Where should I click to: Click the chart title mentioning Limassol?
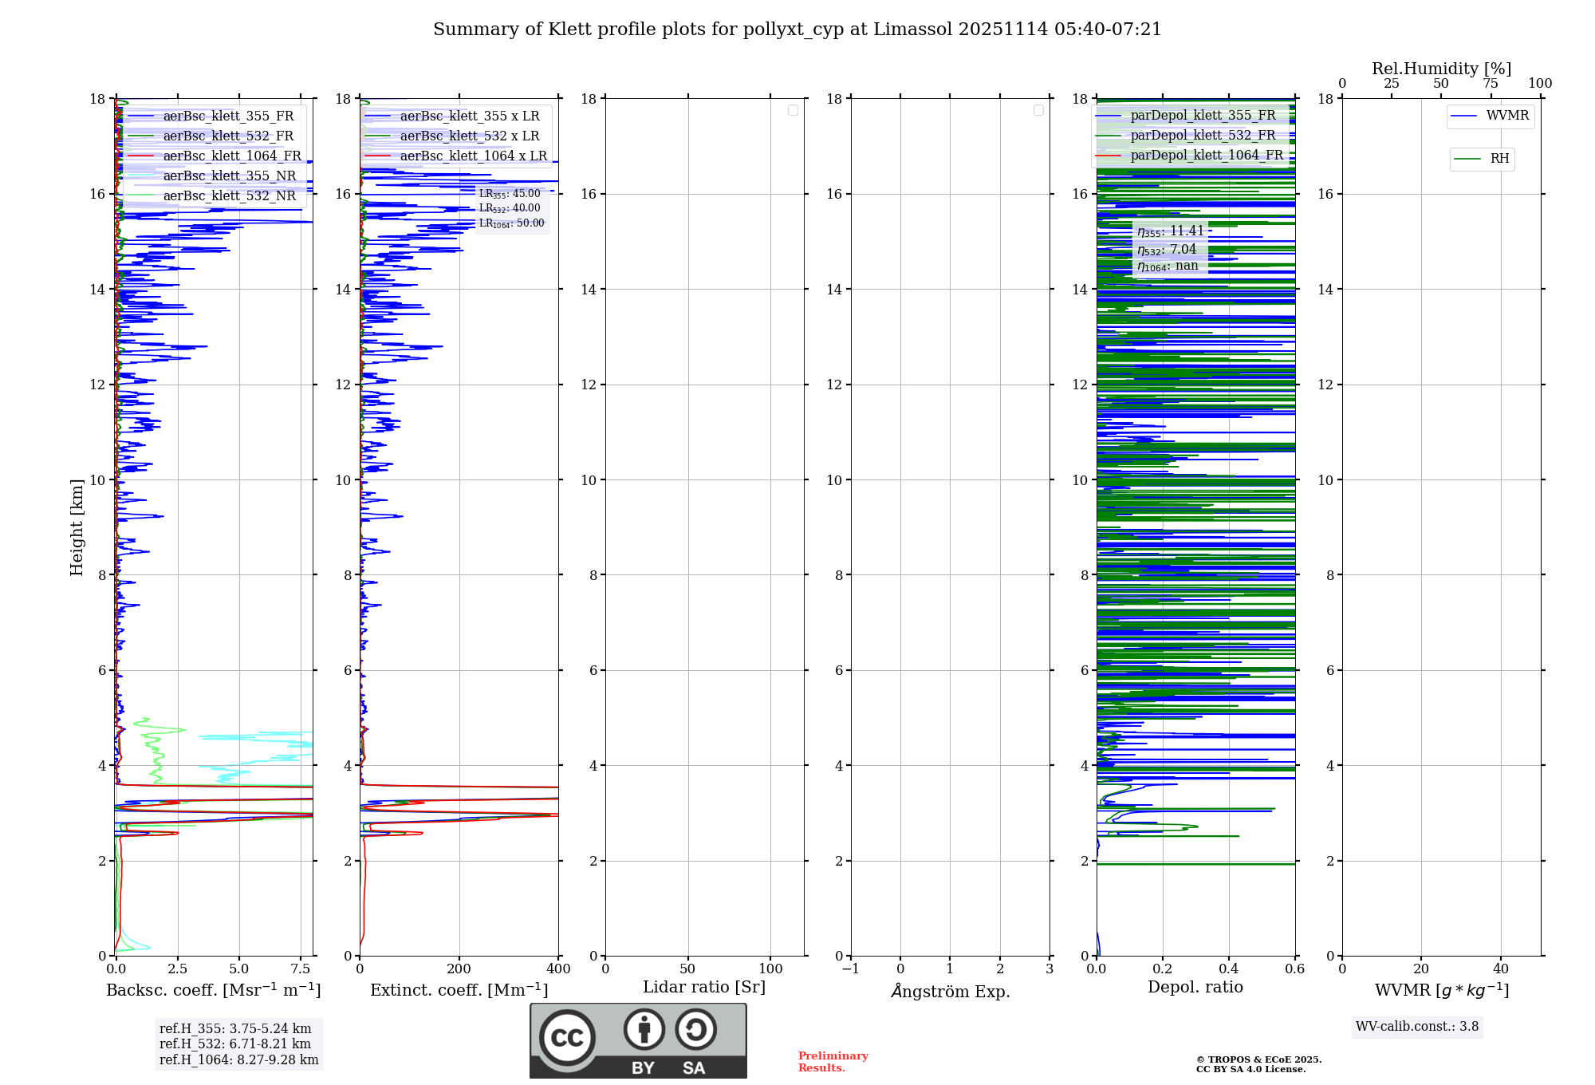click(797, 30)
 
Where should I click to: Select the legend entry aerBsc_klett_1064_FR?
click(231, 156)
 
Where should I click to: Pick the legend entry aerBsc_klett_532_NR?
click(229, 196)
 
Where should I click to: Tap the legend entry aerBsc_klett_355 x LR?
click(469, 116)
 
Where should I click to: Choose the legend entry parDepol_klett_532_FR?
click(1202, 136)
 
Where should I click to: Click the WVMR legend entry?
click(1506, 116)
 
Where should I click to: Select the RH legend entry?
click(1499, 159)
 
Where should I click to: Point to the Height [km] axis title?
click(77, 527)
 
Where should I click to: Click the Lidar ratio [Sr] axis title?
click(703, 988)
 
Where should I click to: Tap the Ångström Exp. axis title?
click(950, 992)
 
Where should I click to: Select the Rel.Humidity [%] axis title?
click(1441, 69)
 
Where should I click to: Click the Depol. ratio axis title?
click(1195, 988)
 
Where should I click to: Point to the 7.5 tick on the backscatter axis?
click(301, 969)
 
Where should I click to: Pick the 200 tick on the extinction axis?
click(459, 969)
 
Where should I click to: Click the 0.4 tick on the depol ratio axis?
click(1229, 969)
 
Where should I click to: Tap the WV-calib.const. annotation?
click(1416, 1027)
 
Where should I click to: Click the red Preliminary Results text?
click(833, 1062)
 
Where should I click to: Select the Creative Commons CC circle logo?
click(567, 1038)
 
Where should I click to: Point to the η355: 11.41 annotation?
click(1170, 231)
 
